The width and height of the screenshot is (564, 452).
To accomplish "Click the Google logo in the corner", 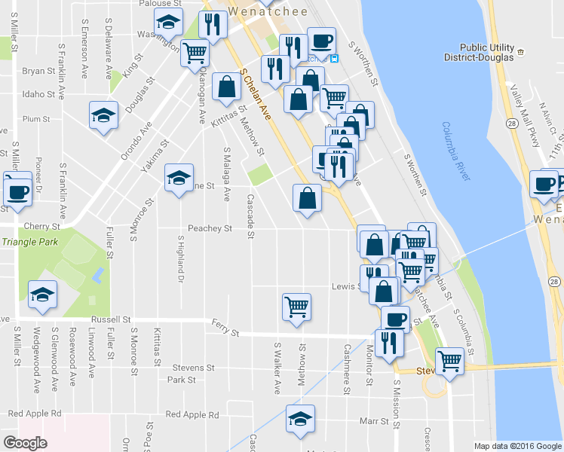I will coord(26,442).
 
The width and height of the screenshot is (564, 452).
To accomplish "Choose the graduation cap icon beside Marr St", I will coord(301,418).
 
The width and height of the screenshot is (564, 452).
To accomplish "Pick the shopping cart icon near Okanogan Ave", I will coord(195,53).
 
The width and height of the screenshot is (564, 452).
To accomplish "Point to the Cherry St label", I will coord(41,226).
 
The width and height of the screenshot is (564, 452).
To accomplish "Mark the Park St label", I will coord(182,380).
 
